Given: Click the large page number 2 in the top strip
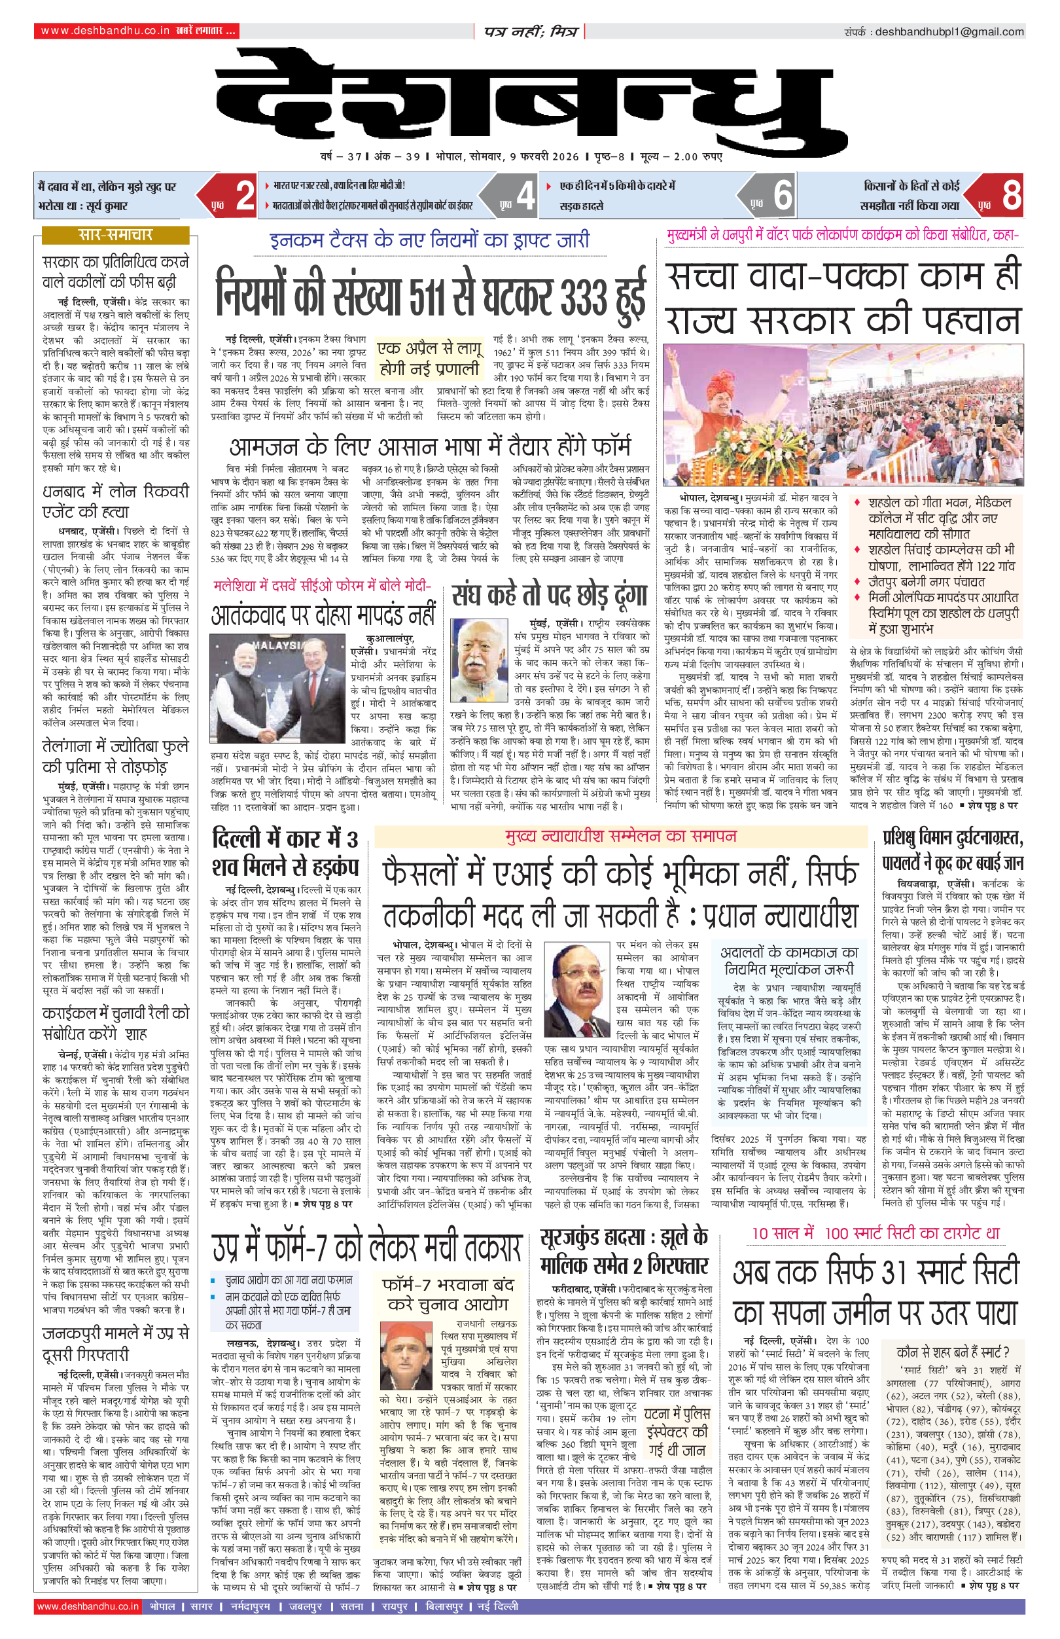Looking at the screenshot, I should click(244, 196).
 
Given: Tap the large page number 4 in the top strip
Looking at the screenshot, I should click(525, 196).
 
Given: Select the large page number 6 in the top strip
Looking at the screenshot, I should click(783, 196).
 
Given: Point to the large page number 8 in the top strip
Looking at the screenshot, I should click(1011, 196).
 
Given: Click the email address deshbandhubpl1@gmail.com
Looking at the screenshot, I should click(949, 31).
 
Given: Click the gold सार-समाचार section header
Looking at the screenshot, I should click(115, 235).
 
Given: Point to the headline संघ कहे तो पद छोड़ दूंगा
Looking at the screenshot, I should click(550, 596).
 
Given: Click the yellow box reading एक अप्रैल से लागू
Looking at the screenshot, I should click(429, 358).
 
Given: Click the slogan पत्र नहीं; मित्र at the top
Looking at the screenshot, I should click(529, 31).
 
